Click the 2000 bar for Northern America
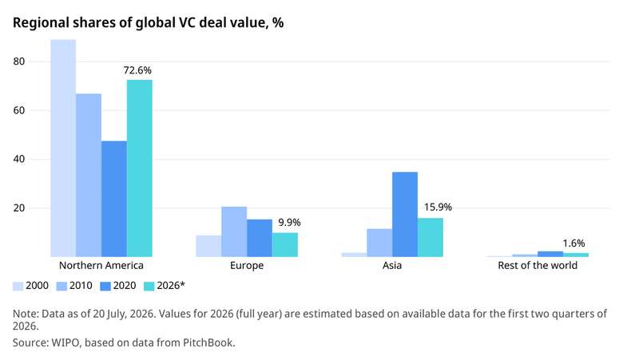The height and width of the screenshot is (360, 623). click(63, 148)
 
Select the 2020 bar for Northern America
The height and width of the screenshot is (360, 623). click(114, 199)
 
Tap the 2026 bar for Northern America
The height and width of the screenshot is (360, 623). click(140, 168)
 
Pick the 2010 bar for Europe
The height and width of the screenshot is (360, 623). click(234, 231)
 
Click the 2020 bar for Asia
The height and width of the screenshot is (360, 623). click(405, 215)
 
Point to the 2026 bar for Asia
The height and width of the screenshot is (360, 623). click(431, 237)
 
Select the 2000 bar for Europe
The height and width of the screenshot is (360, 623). click(208, 246)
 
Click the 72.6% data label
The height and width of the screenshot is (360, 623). click(137, 70)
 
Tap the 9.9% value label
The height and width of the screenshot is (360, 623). click(289, 222)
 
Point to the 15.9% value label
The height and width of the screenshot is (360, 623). click(438, 208)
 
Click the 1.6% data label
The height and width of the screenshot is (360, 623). click(573, 243)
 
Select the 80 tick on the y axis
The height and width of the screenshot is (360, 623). click(18, 61)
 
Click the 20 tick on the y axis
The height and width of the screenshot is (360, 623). click(18, 208)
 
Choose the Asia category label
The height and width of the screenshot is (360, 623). click(392, 266)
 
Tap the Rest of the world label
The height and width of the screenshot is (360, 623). click(538, 266)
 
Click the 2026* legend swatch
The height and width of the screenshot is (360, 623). click(149, 287)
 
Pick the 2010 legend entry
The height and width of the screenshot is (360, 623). click(74, 286)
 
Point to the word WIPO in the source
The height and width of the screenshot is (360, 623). click(65, 342)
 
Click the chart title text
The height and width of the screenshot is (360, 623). click(149, 23)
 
